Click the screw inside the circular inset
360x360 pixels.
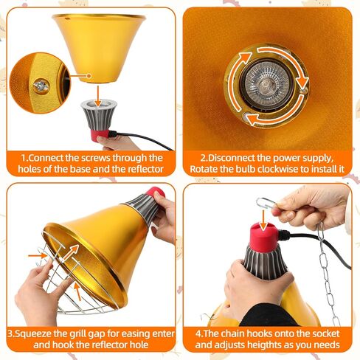(x=41, y=85)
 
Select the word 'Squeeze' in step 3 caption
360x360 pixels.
(x=44, y=333)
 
